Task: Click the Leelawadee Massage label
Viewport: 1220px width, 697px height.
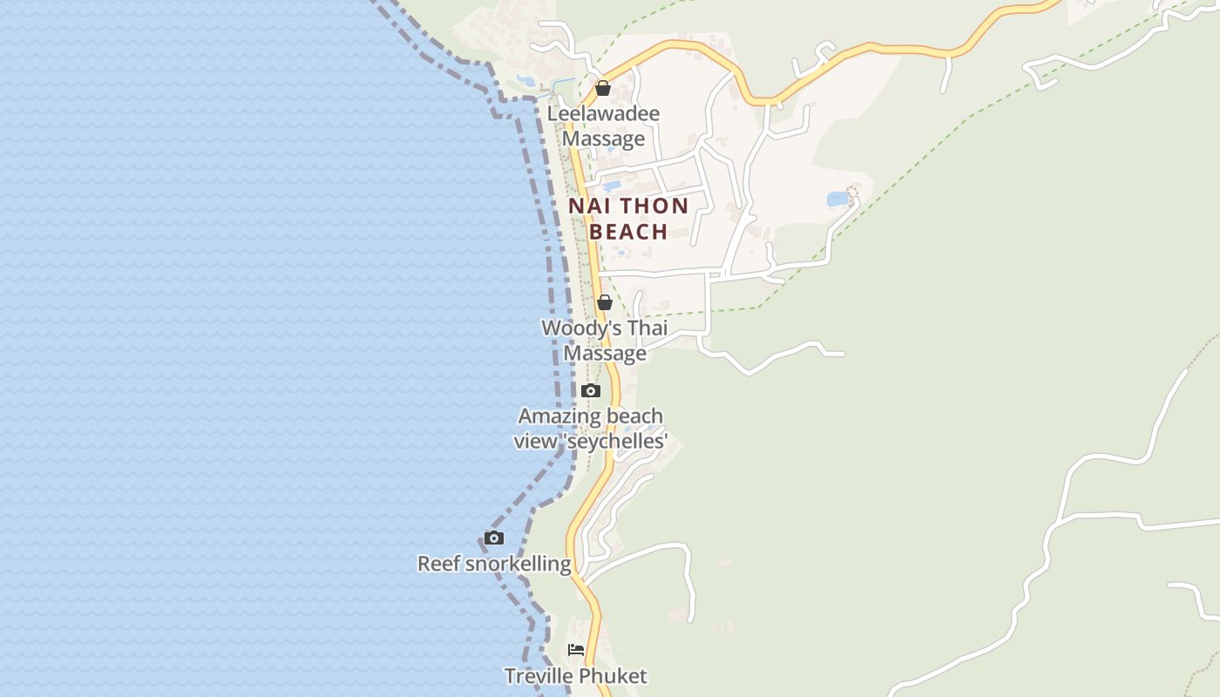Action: (603, 125)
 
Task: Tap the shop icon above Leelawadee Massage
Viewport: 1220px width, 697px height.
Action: (602, 88)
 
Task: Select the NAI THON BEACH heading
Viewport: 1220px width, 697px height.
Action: (628, 219)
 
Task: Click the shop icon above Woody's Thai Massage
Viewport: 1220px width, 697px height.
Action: (604, 302)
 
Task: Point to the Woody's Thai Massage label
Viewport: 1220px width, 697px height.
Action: (604, 341)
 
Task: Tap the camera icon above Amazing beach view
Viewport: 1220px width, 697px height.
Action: (591, 390)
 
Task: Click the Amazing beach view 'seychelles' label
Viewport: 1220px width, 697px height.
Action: (591, 429)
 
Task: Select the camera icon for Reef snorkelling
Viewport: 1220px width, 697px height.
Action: (494, 538)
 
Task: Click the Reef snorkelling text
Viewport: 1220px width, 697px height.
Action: (494, 564)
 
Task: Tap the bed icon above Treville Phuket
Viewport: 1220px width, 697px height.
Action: (576, 649)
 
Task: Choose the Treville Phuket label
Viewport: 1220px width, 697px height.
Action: (576, 675)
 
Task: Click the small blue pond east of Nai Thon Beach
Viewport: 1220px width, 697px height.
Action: (837, 200)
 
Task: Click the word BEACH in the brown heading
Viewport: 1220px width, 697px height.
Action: (628, 232)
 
